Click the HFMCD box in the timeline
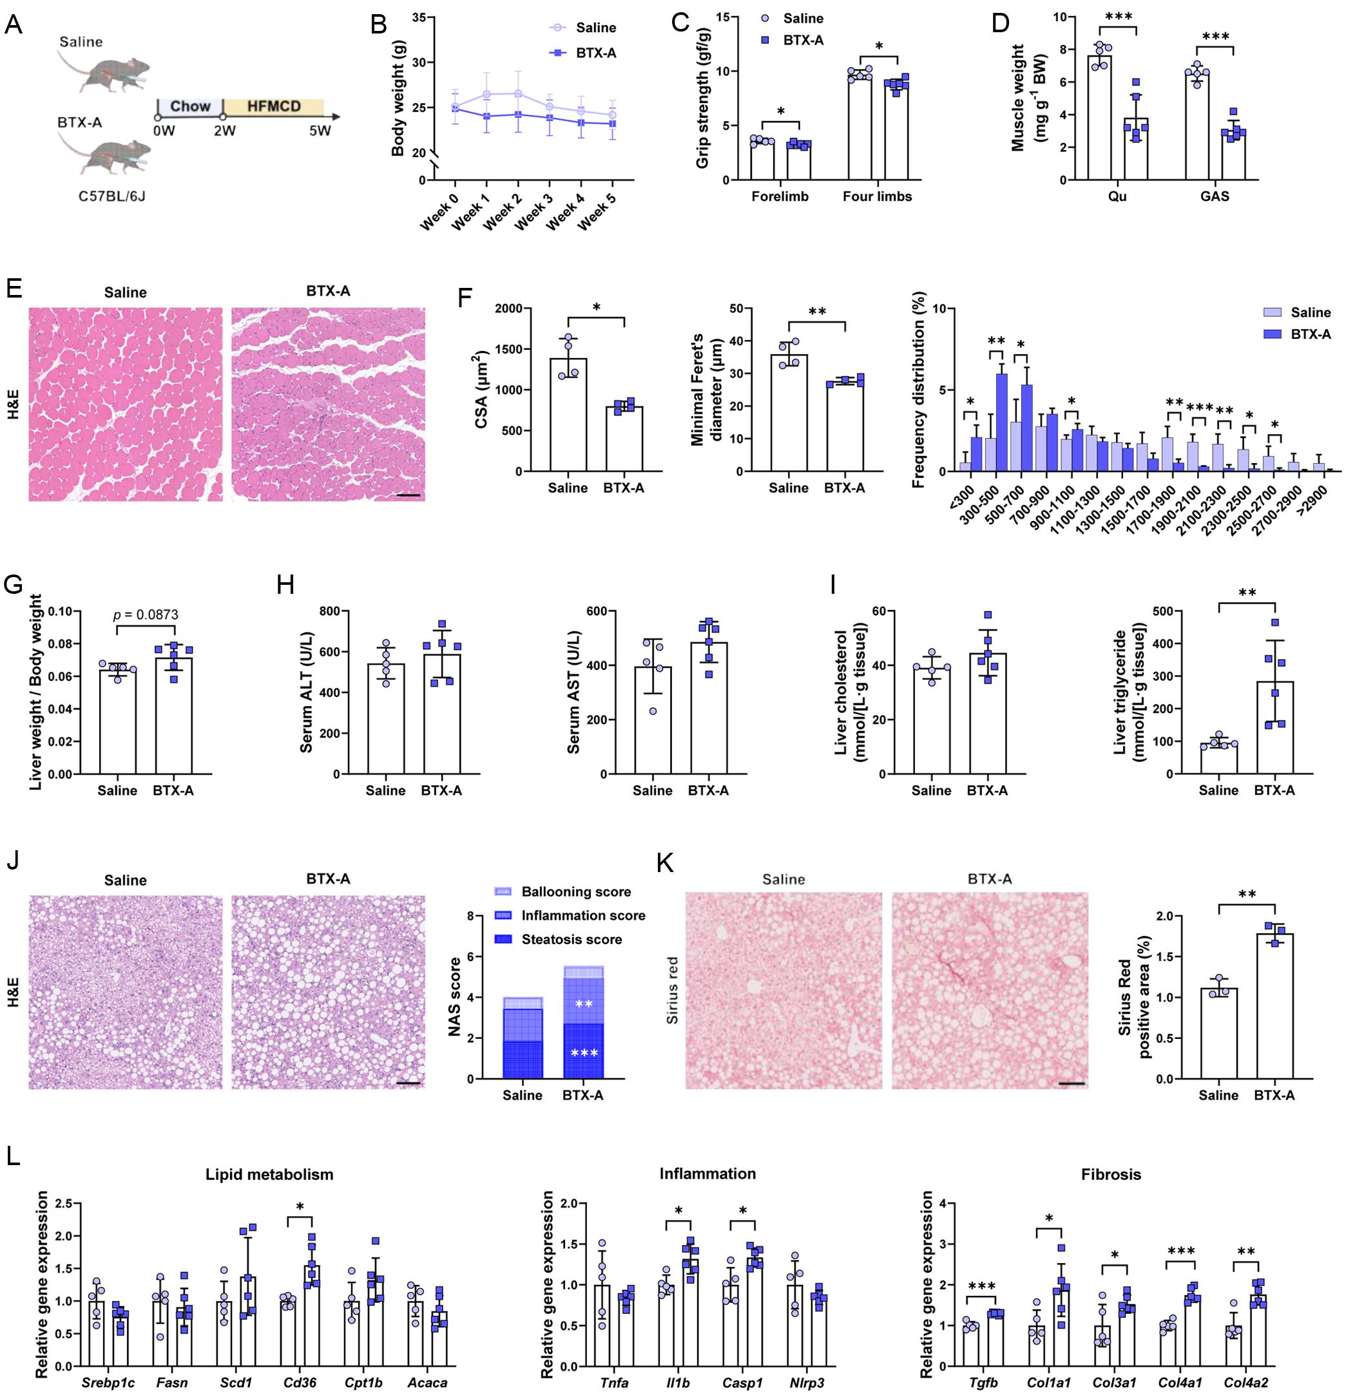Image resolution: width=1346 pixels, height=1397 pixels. coord(274,107)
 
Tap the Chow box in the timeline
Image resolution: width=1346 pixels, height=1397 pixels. coord(189,107)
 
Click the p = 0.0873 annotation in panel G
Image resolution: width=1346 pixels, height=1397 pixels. coord(146,614)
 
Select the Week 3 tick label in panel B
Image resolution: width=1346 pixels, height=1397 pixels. coord(534,213)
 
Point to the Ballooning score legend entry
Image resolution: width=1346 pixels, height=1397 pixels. coord(575,891)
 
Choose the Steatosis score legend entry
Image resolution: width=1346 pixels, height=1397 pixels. coord(571,940)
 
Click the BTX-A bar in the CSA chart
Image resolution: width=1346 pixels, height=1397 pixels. coord(624,439)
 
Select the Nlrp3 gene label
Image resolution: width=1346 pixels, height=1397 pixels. coord(806,1383)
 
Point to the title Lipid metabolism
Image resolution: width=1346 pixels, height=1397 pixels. coord(269,1174)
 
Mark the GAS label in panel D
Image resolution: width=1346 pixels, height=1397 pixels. coord(1215,196)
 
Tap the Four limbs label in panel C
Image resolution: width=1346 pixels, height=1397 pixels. coord(877,196)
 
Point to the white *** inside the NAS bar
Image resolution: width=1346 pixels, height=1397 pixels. coord(584,1052)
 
